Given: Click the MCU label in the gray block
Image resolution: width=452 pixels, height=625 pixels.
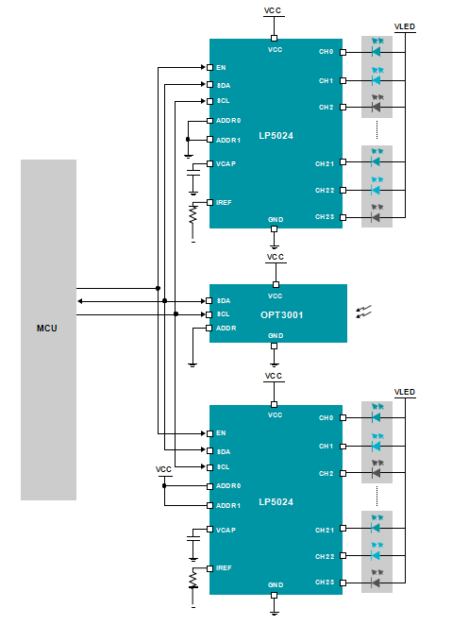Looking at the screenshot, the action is click(x=46, y=328).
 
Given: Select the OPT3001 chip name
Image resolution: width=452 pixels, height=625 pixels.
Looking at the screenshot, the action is click(x=281, y=315).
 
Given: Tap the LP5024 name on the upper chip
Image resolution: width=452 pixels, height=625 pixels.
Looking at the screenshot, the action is click(x=276, y=136).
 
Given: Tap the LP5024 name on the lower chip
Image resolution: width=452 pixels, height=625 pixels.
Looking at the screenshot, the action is click(x=276, y=502).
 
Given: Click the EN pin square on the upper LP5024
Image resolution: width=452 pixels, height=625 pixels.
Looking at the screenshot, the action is click(x=209, y=67).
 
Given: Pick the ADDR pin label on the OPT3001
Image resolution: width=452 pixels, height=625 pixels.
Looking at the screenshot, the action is click(x=226, y=328).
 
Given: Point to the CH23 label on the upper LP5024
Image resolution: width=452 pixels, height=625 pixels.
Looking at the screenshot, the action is click(x=325, y=217).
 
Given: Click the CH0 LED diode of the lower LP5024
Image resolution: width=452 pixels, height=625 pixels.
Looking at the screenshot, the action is click(x=376, y=417).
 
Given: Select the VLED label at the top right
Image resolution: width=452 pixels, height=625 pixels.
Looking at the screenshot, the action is click(x=405, y=26).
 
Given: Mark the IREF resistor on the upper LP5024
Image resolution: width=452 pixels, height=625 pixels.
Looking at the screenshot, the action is click(x=193, y=214).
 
